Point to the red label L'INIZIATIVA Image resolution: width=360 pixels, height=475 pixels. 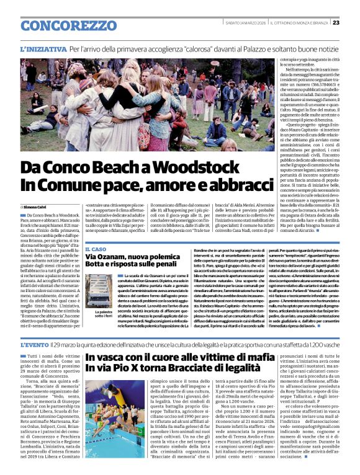[x=43, y=48]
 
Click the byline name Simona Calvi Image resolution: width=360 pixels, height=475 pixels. [x=38, y=206]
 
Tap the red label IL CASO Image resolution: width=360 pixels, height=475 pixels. [x=98, y=249]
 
